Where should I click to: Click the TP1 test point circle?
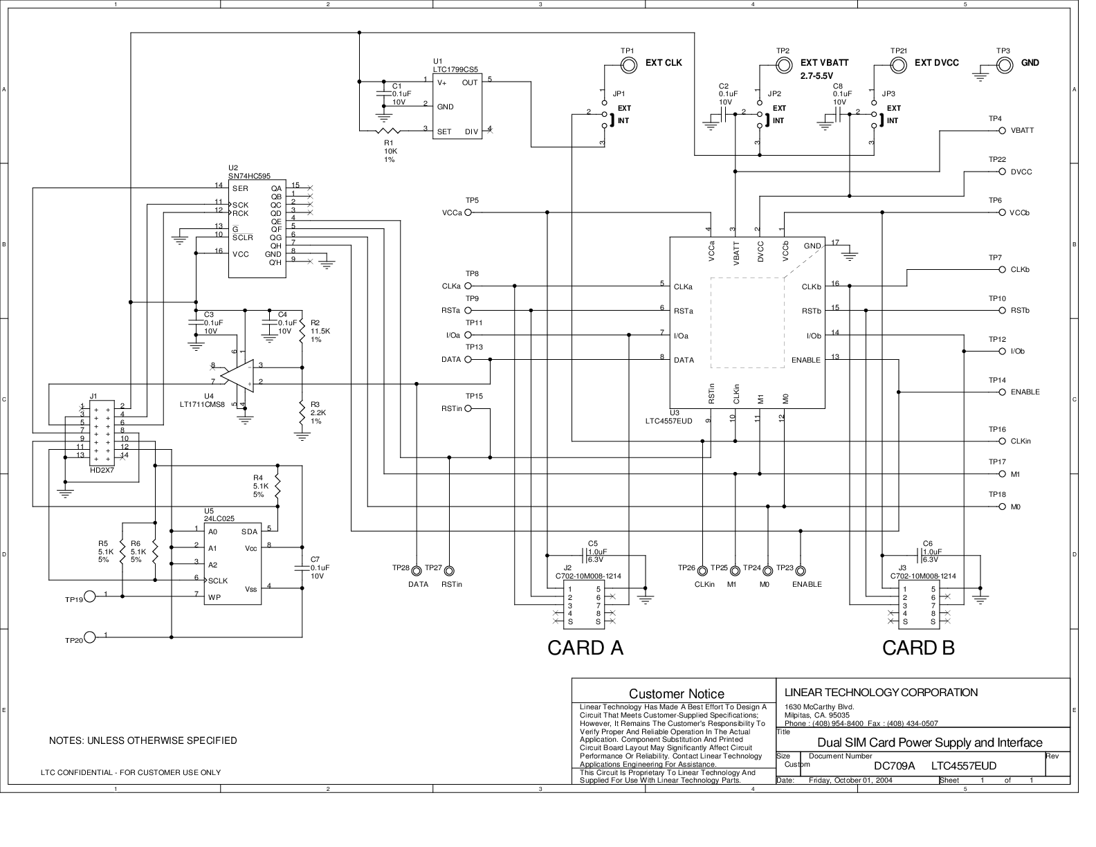tap(628, 65)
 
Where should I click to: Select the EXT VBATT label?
tap(824, 63)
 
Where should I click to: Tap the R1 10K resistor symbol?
tap(388, 131)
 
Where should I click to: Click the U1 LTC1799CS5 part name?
tap(455, 70)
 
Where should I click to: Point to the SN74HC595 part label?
tap(249, 176)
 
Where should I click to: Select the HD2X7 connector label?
tap(102, 470)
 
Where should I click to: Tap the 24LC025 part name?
tap(219, 518)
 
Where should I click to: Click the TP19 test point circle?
tap(90, 596)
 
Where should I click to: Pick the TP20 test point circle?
tap(90, 637)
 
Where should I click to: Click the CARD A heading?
tap(585, 648)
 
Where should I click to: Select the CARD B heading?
tap(918, 648)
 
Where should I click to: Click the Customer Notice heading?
tap(677, 694)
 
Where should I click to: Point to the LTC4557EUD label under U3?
tap(669, 421)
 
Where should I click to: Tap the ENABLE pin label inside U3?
tap(805, 361)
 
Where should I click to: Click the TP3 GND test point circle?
tap(1004, 65)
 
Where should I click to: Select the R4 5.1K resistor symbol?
tap(277, 486)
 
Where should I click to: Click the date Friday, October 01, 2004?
tap(850, 781)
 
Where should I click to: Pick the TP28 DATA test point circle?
tap(416, 571)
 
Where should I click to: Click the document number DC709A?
tap(894, 766)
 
